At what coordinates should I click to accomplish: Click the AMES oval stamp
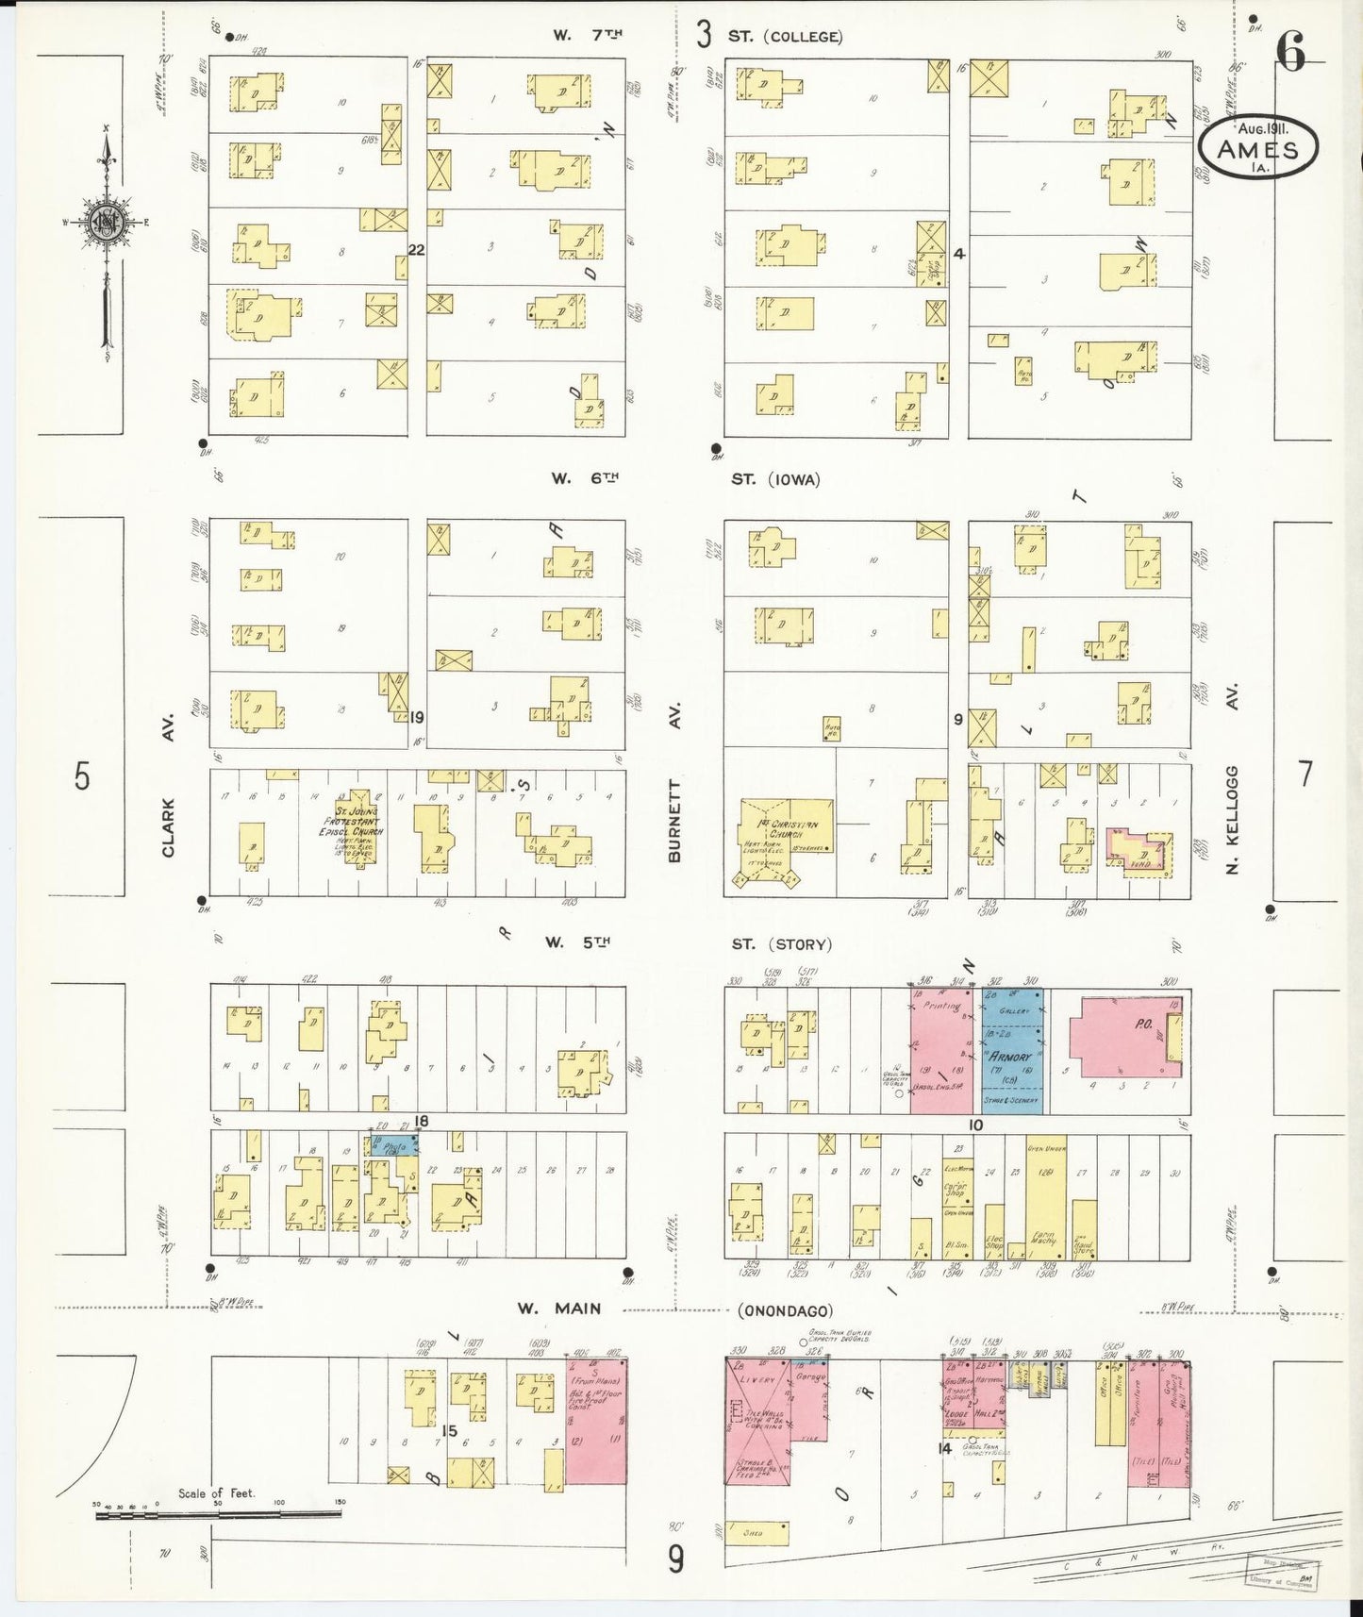[x=1257, y=148]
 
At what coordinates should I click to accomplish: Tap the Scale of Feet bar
[x=217, y=1515]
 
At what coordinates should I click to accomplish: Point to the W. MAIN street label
[x=558, y=1309]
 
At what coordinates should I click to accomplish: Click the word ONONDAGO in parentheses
[x=786, y=1310]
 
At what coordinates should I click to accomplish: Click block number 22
[x=416, y=250]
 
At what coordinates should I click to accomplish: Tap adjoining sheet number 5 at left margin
[x=83, y=776]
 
